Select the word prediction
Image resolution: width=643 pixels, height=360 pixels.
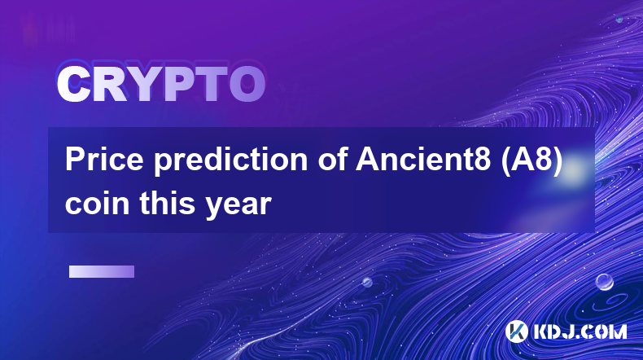pyautogui.click(x=231, y=161)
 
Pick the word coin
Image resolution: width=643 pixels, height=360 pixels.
pyautogui.click(x=97, y=203)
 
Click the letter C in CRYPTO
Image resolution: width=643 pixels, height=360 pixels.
pyautogui.click(x=73, y=85)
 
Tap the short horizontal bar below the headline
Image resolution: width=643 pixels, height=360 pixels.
pyautogui.click(x=102, y=272)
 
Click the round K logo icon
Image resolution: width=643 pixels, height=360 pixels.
pyautogui.click(x=516, y=331)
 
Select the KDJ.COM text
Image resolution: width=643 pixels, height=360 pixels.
pyautogui.click(x=580, y=331)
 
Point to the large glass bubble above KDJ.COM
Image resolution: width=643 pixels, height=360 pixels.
pyautogui.click(x=605, y=282)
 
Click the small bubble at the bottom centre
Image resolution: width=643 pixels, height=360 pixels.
pyautogui.click(x=367, y=282)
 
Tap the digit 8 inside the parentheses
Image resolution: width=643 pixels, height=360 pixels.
pyautogui.click(x=543, y=160)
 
